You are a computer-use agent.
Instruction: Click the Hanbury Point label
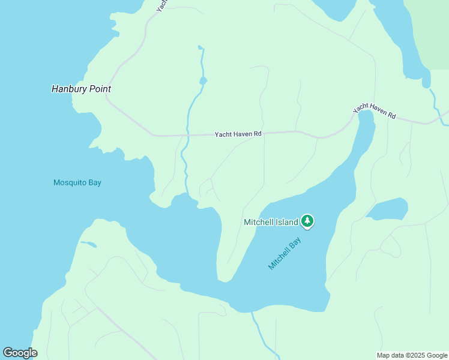coord(81,89)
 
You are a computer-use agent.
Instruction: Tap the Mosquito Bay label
coord(77,182)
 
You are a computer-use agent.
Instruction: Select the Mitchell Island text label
coord(271,222)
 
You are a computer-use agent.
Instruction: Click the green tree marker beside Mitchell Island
coord(307,221)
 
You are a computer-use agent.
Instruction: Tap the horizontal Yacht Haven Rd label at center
coord(238,134)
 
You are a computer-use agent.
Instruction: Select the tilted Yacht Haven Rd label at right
coord(375,110)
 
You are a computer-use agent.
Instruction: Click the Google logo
coord(20,352)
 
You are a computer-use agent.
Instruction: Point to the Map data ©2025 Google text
coord(412,355)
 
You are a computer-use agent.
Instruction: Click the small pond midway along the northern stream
coord(203,80)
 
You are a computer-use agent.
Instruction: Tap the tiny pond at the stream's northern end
coord(200,47)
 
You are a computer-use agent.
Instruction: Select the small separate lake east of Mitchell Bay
coord(387,209)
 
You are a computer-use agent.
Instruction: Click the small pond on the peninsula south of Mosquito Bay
coord(89,244)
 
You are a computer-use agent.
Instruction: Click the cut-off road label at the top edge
coord(160,5)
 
